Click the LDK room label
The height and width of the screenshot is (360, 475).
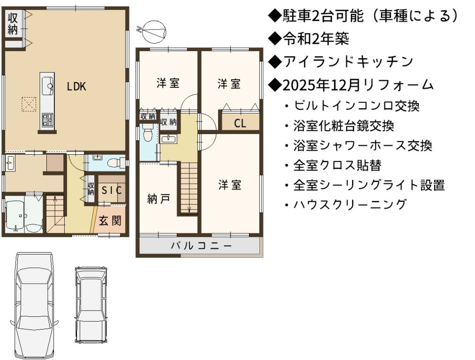click(76, 87)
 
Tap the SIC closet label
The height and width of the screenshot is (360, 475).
click(112, 190)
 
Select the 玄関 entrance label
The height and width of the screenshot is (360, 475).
click(110, 221)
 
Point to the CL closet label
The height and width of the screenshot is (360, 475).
click(240, 123)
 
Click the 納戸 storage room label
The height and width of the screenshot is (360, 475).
click(158, 199)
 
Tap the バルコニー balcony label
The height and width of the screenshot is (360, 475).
click(201, 245)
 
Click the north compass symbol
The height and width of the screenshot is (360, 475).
click(154, 32)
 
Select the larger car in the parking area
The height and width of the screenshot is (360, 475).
click(34, 306)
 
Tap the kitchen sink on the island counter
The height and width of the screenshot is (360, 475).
click(47, 85)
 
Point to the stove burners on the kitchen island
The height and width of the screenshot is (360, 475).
click(47, 120)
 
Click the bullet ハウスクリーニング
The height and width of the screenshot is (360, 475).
click(345, 204)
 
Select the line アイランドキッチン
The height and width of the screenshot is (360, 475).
click(341, 61)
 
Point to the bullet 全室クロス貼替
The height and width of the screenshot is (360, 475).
click(332, 165)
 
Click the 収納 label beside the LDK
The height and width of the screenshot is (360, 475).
click(13, 23)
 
